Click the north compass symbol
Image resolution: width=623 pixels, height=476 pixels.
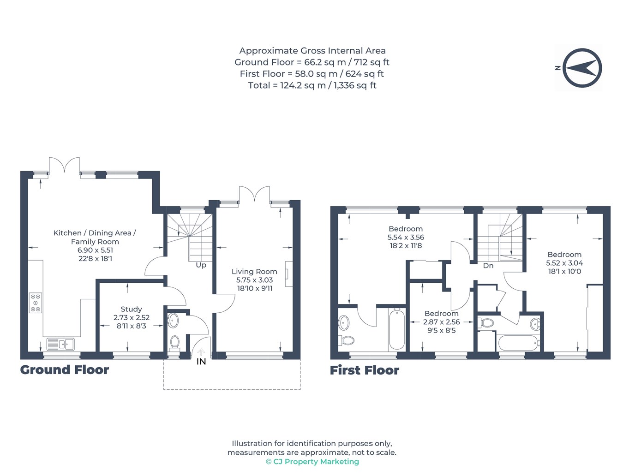pos(581,68)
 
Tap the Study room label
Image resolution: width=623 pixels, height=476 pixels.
pos(131,309)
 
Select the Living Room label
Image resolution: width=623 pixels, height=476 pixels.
pos(254,272)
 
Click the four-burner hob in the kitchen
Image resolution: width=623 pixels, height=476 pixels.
pos(36,303)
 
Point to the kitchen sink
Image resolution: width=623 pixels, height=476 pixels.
pos(60,344)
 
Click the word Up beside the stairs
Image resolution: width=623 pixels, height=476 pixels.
pos(201,265)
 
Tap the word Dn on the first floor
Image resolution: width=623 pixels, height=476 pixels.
pos(488,266)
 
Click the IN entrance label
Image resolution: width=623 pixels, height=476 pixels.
pos(201,362)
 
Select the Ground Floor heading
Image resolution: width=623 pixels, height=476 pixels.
pos(65,370)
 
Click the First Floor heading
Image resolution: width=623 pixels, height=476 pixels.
pos(365,370)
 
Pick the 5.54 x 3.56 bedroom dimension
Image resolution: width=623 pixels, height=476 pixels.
pos(406,237)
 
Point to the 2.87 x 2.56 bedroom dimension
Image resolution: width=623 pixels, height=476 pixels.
pos(441,322)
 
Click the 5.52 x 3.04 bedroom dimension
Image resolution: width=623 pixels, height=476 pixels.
pos(564,263)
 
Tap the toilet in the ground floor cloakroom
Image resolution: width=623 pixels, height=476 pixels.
pos(174,343)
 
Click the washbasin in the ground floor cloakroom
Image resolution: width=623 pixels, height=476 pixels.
pos(173,321)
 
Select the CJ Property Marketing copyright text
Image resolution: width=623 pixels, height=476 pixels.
pos(312,462)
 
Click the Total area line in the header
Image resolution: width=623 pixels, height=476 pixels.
pos(312,85)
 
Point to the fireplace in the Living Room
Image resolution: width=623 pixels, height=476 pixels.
pos(288,274)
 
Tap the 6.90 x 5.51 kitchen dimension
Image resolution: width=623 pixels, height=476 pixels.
pos(95,250)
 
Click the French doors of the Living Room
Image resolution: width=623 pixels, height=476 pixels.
pos(254,195)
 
